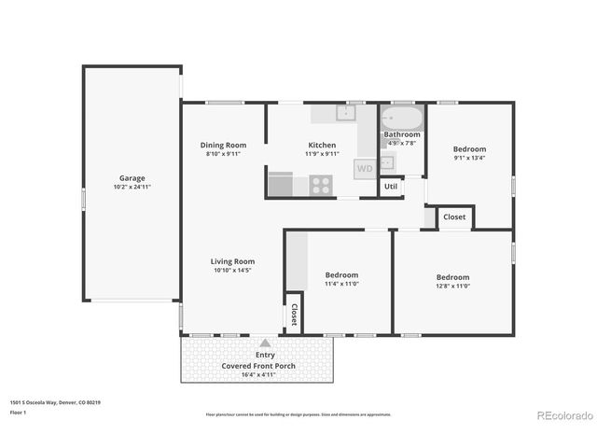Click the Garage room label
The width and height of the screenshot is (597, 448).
[x=132, y=177]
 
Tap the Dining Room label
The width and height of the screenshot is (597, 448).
[x=224, y=145]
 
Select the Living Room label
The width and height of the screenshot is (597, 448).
[x=232, y=261]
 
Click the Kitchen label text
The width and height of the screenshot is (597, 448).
[x=322, y=145]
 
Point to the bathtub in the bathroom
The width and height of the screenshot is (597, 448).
[x=402, y=119]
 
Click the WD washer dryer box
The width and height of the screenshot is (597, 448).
[x=365, y=169]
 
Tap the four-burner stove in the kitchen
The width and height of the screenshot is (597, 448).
[x=322, y=185]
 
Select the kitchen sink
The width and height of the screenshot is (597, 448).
[x=345, y=114]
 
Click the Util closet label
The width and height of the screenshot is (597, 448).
[x=391, y=187]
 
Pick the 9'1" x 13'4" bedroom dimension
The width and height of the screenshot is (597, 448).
[x=469, y=158]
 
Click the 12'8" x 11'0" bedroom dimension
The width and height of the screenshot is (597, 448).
[x=452, y=287]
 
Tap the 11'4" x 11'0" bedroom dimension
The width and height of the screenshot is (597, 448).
[x=341, y=284]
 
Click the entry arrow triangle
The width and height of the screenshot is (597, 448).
[x=265, y=343]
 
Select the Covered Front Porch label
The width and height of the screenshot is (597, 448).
[x=258, y=366]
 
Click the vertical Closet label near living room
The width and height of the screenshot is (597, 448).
[x=294, y=315]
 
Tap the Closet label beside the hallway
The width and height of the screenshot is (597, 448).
[x=454, y=217]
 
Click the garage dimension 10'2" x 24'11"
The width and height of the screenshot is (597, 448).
[x=132, y=187]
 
